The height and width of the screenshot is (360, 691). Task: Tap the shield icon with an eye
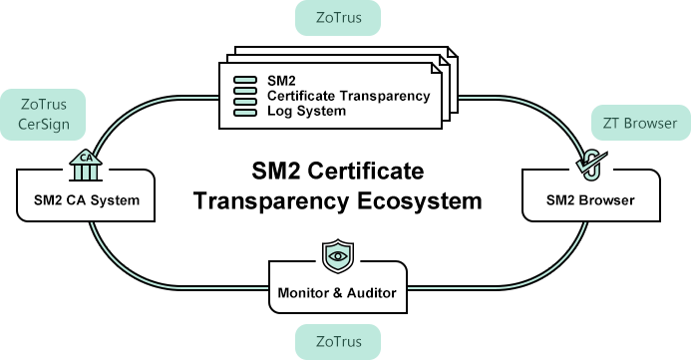(x=337, y=255)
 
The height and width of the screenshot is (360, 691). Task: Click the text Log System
(x=306, y=112)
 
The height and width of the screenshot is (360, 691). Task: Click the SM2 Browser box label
(x=590, y=201)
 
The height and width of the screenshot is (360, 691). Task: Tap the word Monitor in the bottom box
(x=306, y=294)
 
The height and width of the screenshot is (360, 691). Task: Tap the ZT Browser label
(x=640, y=123)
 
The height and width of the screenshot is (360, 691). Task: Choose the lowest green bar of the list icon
(x=245, y=112)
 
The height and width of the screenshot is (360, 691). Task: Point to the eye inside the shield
(x=337, y=255)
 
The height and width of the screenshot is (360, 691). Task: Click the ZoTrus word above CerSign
(x=44, y=104)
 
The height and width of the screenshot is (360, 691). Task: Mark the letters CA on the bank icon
(x=86, y=157)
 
